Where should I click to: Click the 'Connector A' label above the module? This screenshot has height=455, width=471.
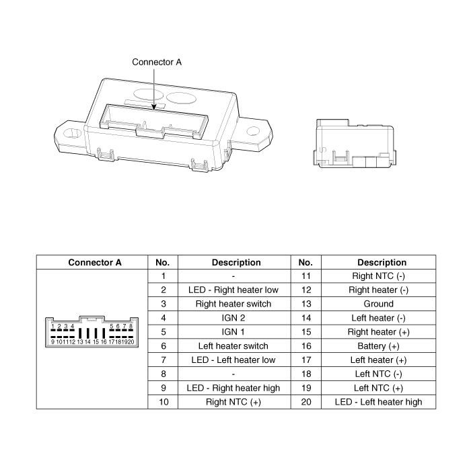point(156,62)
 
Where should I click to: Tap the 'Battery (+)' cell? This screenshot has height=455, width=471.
point(378,346)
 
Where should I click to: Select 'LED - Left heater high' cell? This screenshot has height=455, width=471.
point(378,402)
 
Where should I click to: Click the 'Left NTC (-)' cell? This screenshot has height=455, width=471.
point(378,374)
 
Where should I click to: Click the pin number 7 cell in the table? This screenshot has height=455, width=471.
point(163,360)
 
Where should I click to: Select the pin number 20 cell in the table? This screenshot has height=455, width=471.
point(305,402)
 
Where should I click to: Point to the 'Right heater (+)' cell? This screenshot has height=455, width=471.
point(378,332)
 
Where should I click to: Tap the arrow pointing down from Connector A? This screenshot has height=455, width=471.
point(155,87)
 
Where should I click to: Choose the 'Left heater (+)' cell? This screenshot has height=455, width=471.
point(378,360)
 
